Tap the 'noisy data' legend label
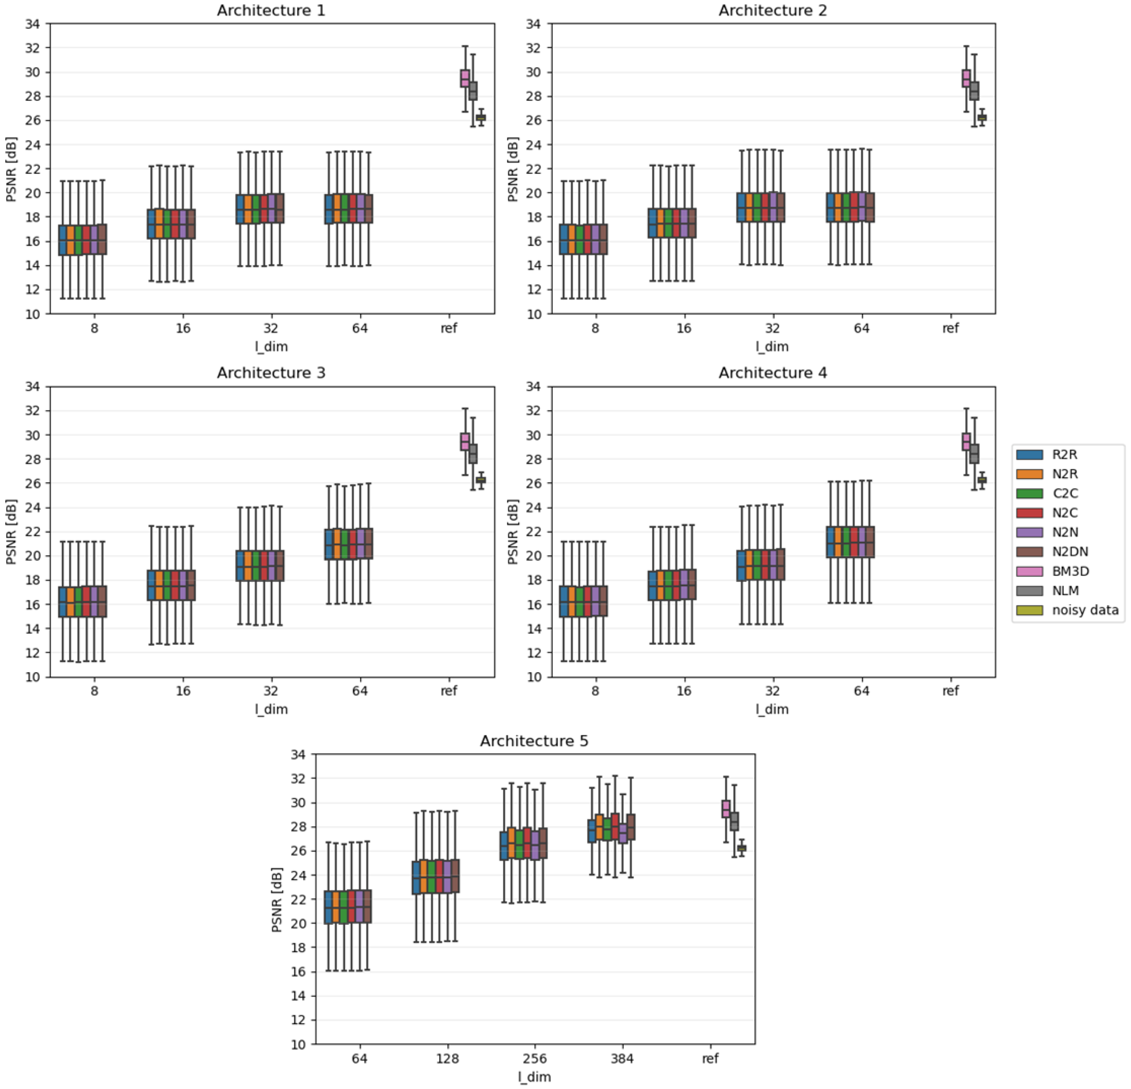point(1085,610)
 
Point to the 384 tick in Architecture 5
point(622,1059)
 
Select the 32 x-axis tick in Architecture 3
point(271,691)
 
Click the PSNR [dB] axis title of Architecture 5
point(277,899)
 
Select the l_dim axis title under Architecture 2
point(772,347)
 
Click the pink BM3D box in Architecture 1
point(465,78)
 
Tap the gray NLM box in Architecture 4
point(974,453)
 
